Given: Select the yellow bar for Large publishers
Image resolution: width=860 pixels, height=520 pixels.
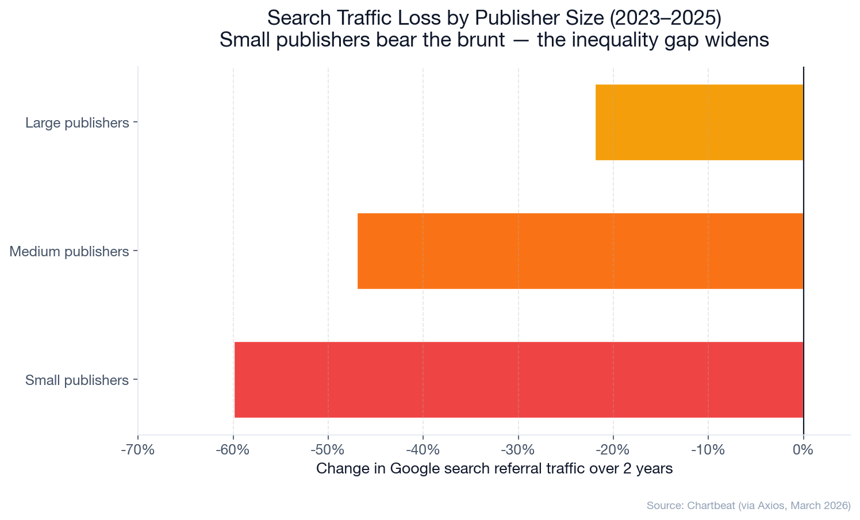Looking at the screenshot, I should point(699,122).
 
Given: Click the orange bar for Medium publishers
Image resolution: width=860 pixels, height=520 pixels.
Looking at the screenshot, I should point(580,251).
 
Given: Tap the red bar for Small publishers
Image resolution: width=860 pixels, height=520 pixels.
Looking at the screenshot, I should point(519,380).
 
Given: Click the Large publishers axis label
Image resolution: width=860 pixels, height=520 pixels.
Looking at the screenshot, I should point(77,123).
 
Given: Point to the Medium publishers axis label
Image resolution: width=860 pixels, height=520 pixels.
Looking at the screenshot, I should point(69,252).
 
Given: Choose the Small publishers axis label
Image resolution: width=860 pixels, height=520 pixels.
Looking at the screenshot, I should point(77,380).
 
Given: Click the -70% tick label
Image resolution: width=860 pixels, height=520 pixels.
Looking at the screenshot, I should point(137,450).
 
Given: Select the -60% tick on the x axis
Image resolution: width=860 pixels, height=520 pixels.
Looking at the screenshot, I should point(233,450).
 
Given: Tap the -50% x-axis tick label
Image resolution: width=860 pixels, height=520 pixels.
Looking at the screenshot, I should point(328,450).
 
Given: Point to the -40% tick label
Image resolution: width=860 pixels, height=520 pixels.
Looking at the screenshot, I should point(423,450).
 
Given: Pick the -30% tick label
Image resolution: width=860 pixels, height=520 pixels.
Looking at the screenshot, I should point(518,450).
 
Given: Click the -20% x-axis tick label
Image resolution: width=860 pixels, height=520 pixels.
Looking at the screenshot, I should point(613,450).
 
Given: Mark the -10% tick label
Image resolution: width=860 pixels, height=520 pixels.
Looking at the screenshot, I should point(708,450).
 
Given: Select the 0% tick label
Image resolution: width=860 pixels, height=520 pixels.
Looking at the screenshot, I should point(803,450).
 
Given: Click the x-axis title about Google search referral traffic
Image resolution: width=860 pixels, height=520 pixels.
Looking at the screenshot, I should point(494,469).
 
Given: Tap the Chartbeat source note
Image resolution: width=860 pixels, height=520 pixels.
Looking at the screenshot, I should point(748,506).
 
